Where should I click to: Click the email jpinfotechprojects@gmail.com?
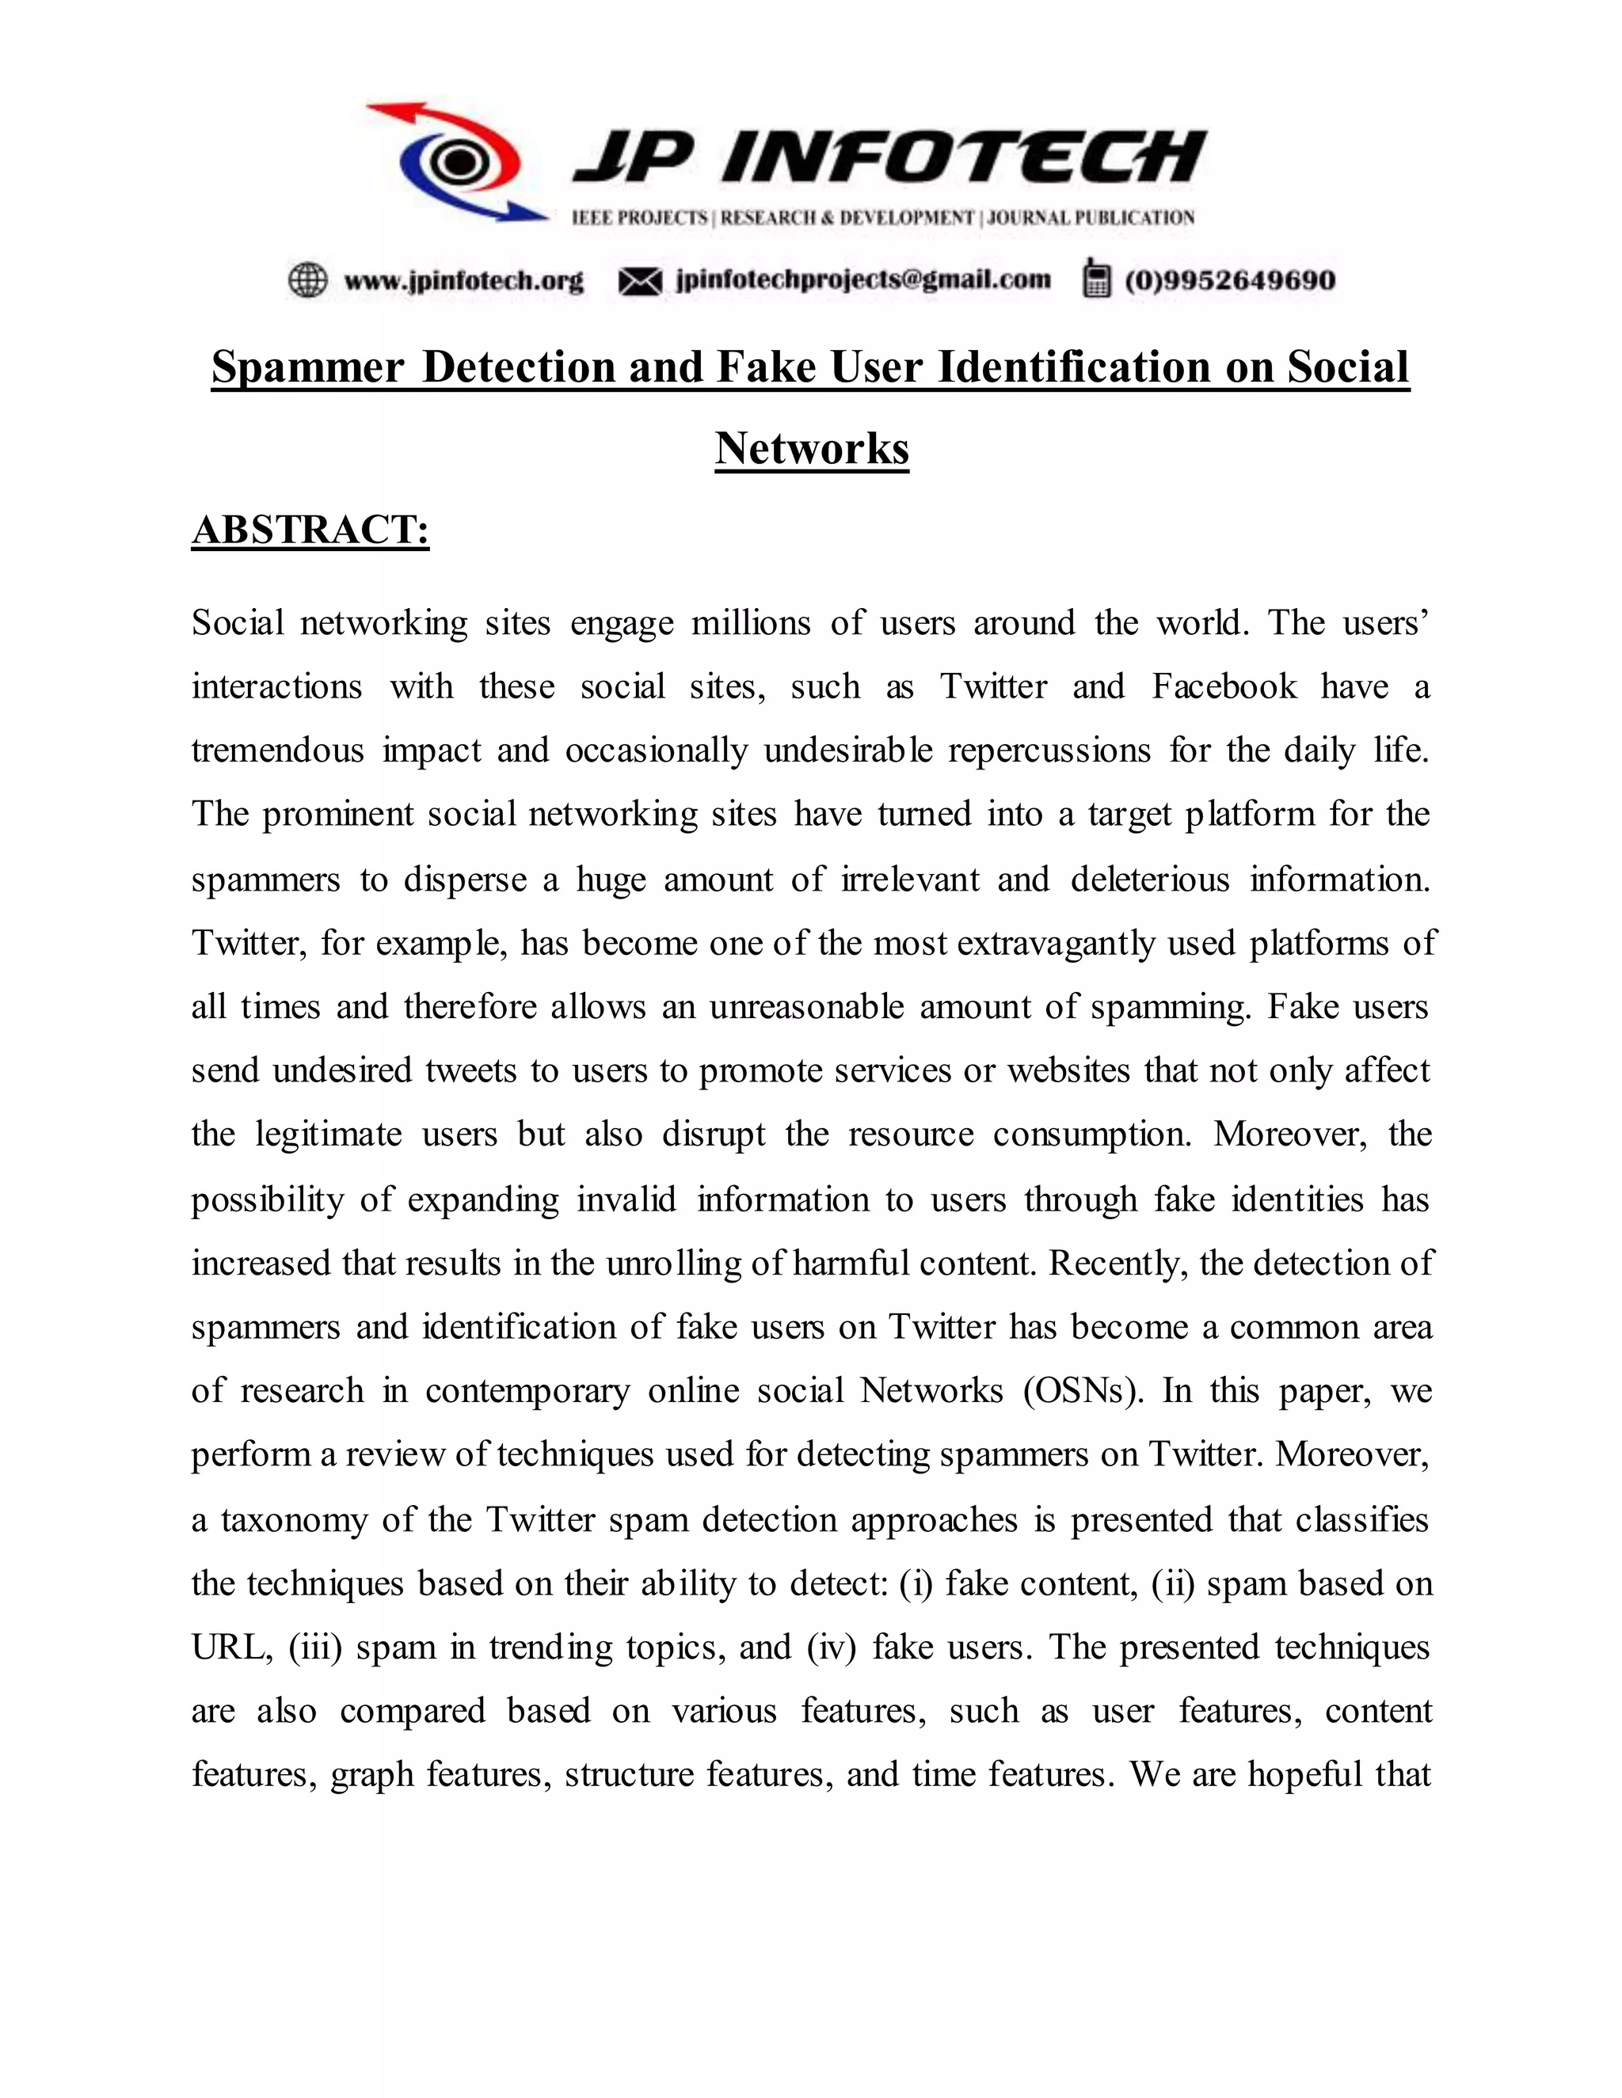(863, 279)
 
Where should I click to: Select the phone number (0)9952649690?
(1230, 280)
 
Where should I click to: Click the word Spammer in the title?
(307, 367)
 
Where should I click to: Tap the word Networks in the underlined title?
(812, 449)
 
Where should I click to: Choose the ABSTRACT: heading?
(310, 530)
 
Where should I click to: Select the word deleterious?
(1149, 879)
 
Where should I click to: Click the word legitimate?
(328, 1135)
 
